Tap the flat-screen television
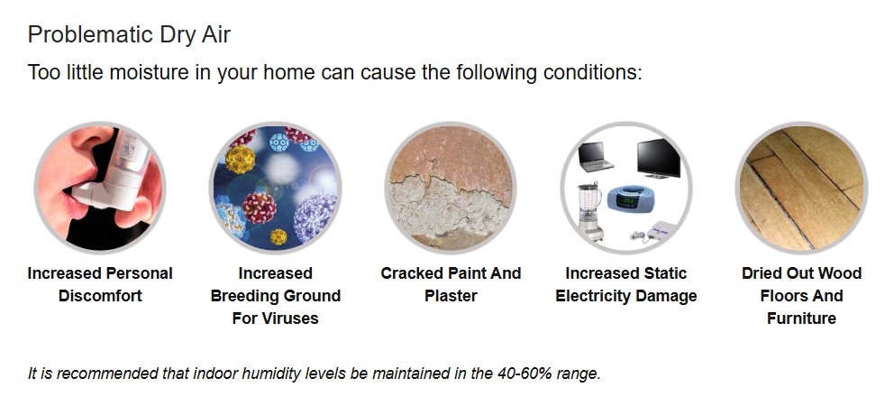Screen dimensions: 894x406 (659, 158)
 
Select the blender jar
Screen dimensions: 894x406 (590, 201)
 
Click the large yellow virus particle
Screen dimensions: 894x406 (240, 160)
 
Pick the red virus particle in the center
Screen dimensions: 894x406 (260, 208)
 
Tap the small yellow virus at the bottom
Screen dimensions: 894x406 (278, 236)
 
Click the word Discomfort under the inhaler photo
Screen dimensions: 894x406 (100, 296)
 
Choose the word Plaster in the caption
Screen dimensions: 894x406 (451, 296)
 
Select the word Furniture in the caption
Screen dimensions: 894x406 (802, 318)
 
